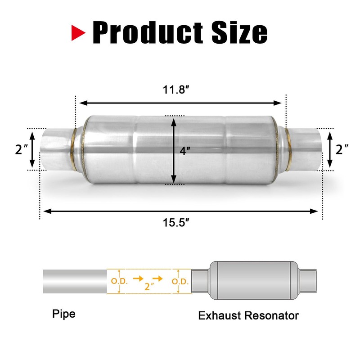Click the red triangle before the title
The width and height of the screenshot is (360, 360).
(79, 32)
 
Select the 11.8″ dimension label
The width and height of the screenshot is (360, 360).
(176, 90)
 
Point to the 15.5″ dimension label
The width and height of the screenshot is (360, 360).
(179, 222)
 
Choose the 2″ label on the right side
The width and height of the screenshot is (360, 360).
(343, 149)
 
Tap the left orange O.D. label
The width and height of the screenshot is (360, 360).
(119, 282)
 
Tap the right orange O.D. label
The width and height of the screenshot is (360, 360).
(180, 282)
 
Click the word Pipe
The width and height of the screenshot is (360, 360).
(63, 313)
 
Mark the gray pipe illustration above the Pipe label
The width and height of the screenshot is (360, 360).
(75, 281)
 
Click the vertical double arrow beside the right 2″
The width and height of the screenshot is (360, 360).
(330, 149)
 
